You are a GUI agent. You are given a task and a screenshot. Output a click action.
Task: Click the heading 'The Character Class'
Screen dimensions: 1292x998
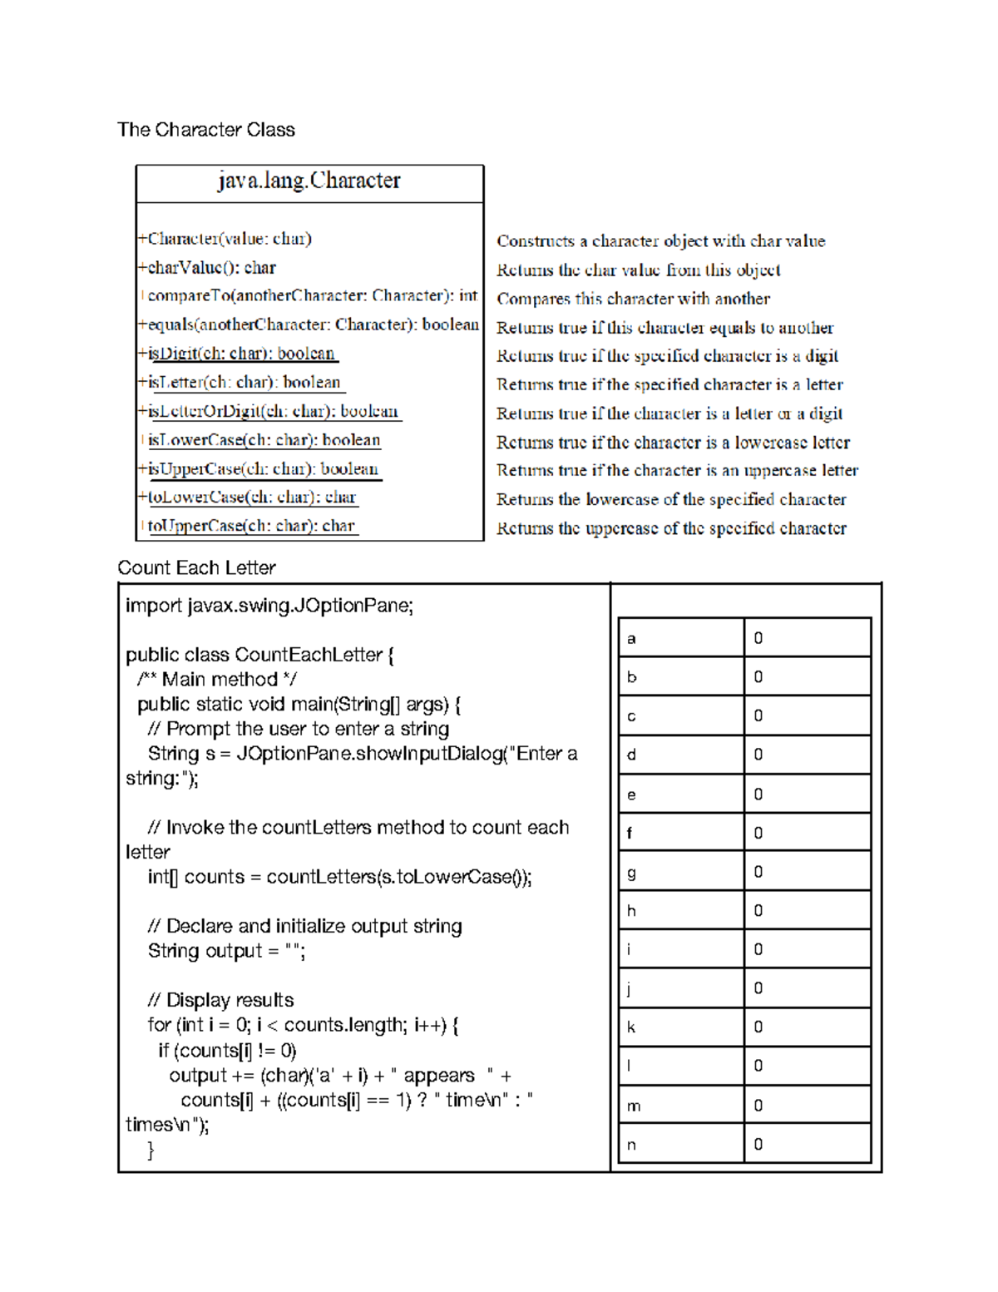(206, 130)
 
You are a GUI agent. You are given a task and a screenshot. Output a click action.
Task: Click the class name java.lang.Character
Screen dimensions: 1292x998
(309, 181)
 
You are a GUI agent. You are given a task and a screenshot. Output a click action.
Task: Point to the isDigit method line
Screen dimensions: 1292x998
(241, 354)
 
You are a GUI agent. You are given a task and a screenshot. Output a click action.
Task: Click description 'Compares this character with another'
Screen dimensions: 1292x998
(633, 299)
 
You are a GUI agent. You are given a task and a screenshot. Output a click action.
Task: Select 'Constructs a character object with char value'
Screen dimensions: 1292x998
(660, 241)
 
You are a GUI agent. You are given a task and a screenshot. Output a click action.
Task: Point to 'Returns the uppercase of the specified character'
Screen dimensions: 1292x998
(671, 528)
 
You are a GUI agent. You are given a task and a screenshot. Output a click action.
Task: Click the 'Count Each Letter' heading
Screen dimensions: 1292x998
(196, 568)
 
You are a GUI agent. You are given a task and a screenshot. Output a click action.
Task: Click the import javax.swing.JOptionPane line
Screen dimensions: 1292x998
(269, 606)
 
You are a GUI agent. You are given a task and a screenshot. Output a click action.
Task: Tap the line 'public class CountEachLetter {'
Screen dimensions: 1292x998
(259, 655)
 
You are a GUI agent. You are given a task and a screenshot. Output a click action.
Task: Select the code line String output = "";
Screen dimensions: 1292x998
(226, 951)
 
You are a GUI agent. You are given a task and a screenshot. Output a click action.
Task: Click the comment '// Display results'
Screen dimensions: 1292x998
(220, 1000)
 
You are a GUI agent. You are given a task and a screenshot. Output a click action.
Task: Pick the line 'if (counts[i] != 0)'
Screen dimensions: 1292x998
(227, 1050)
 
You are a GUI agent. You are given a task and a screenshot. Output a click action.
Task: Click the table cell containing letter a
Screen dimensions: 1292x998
(680, 638)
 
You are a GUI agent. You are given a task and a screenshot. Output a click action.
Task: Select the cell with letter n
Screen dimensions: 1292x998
(680, 1145)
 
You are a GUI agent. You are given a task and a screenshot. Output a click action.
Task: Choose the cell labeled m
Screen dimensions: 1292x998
(680, 1106)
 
